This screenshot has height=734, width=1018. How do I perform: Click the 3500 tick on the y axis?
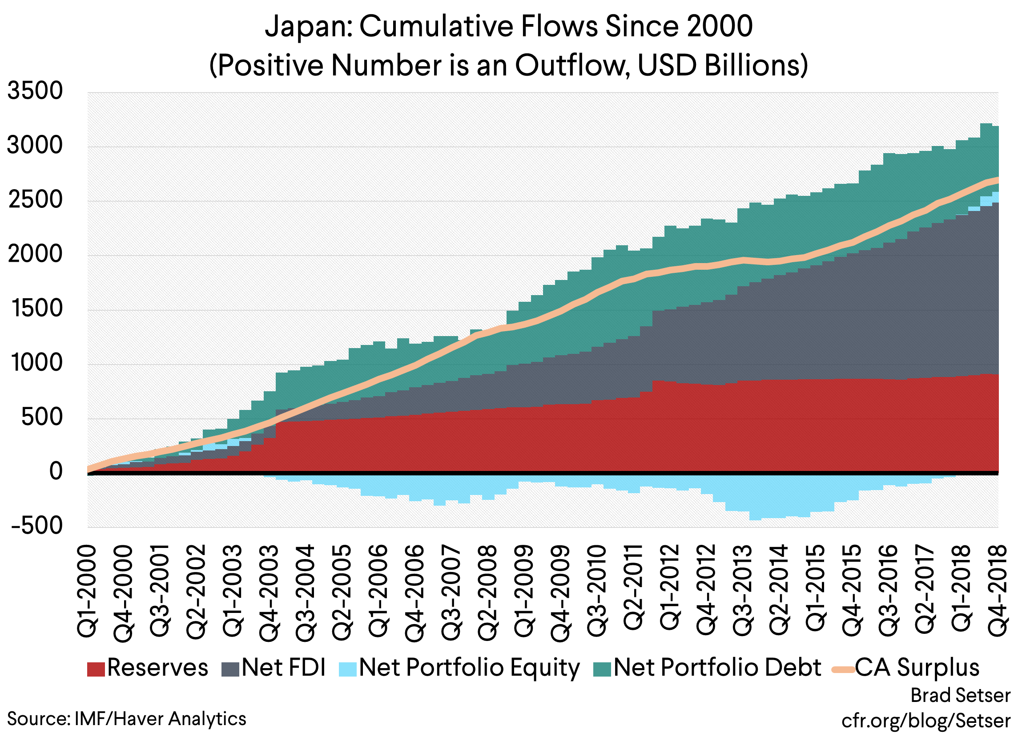(x=35, y=91)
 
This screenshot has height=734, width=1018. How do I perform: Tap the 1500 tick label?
(x=35, y=309)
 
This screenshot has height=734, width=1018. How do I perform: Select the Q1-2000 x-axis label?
(x=88, y=591)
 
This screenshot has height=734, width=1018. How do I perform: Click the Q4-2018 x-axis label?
(x=999, y=591)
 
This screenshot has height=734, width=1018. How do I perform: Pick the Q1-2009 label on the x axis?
(x=524, y=591)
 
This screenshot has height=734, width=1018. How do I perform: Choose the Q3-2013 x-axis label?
(x=742, y=591)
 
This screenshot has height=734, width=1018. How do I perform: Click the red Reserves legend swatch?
(x=96, y=669)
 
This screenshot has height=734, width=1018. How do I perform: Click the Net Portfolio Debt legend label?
(x=717, y=668)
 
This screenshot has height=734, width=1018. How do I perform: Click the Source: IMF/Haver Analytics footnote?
(x=127, y=719)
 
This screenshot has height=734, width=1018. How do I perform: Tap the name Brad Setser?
(x=960, y=695)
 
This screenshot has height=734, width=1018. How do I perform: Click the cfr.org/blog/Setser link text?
(x=925, y=721)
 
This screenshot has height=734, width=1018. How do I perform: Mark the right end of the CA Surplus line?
(x=998, y=179)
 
